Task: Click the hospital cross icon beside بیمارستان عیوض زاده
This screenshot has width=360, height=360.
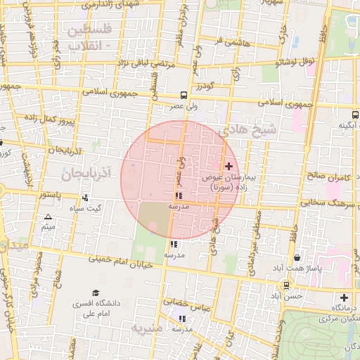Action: (229, 166)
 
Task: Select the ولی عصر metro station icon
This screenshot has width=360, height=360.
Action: (183, 95)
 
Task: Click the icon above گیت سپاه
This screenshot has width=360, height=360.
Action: (85, 198)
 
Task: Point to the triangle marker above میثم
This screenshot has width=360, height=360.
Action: (48, 217)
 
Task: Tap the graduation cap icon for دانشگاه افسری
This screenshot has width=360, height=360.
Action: (95, 293)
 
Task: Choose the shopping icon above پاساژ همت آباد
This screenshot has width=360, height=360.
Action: (297, 258)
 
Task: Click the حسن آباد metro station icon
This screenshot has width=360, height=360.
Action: (286, 285)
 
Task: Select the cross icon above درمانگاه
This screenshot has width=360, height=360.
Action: (344, 297)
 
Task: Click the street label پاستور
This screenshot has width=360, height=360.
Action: (51, 193)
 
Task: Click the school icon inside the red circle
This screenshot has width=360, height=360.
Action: (177, 196)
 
